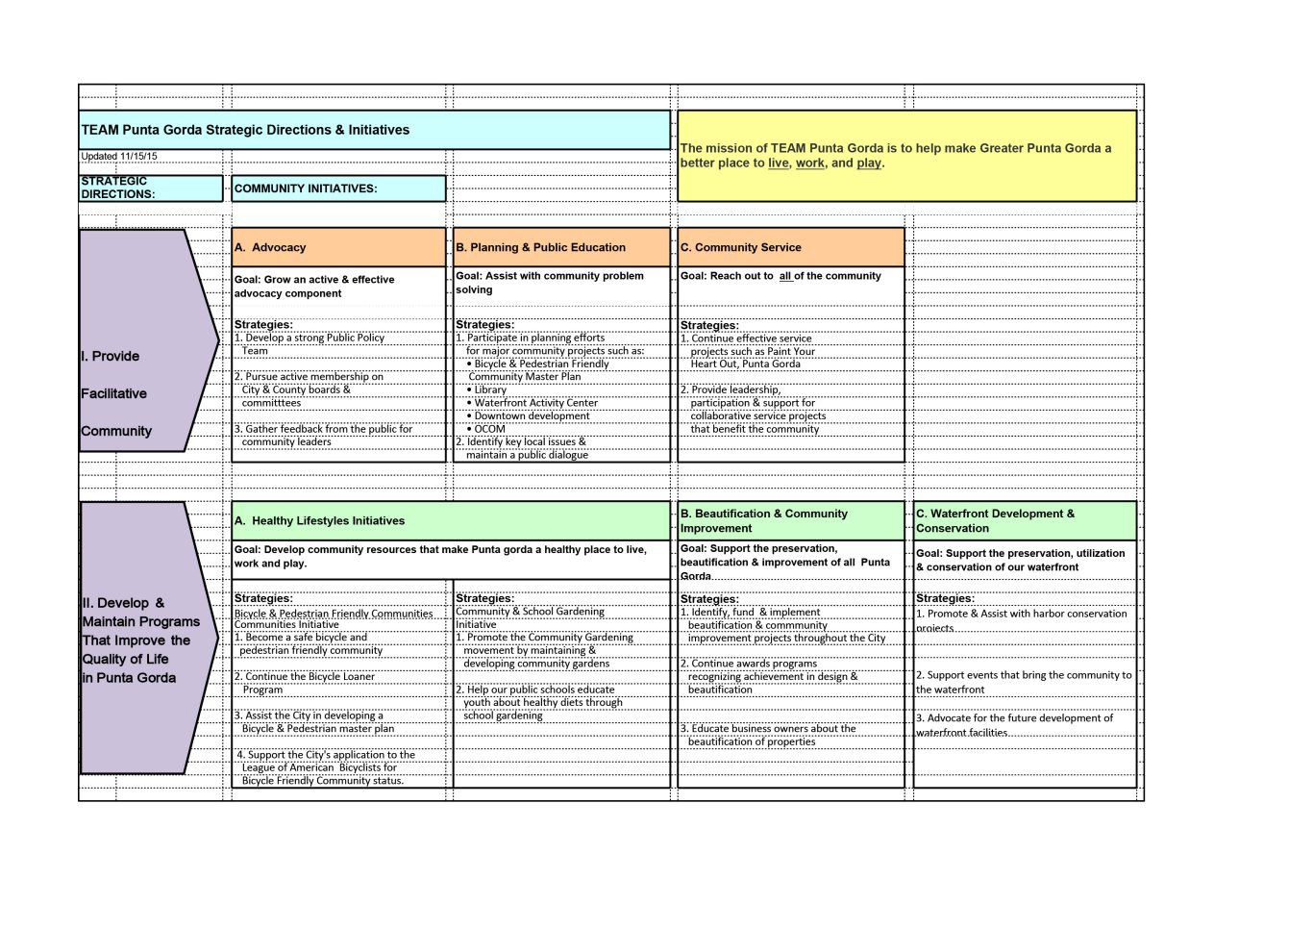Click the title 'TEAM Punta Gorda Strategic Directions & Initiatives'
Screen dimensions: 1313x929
coord(245,130)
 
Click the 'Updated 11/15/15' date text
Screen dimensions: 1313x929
coord(119,156)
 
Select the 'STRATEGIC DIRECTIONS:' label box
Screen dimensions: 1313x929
coord(151,188)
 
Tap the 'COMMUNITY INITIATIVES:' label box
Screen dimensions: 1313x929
coord(338,188)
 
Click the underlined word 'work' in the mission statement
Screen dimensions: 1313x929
coord(809,163)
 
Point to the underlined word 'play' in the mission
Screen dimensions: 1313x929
coord(869,163)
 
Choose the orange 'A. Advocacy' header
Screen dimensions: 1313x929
coord(338,247)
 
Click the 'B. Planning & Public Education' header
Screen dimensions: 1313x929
coord(561,247)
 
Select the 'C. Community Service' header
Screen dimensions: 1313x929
coord(790,247)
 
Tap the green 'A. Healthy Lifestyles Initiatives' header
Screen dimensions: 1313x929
coord(451,520)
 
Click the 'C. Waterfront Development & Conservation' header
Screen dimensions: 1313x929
coord(1025,520)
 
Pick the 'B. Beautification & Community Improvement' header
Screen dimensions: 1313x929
coord(790,520)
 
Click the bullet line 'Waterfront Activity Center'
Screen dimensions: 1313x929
coord(535,403)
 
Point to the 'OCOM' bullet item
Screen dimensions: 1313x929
coord(489,429)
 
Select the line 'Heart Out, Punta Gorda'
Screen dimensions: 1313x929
coord(745,364)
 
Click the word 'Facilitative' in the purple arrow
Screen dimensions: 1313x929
coord(114,393)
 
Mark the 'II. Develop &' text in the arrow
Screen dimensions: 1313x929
coord(123,603)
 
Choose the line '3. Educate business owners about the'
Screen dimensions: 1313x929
coord(768,729)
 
